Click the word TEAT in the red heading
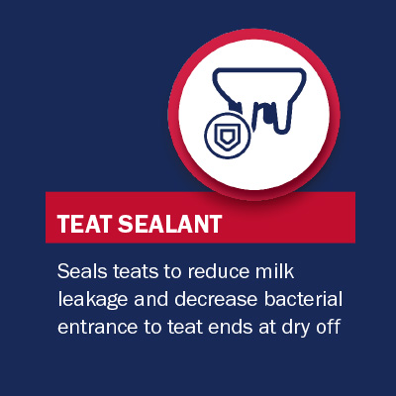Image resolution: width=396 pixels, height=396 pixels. click(85, 224)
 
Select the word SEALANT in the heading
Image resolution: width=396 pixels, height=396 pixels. click(170, 224)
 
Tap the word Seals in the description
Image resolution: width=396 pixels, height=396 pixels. click(82, 271)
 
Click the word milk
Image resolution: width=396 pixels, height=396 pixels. click(274, 271)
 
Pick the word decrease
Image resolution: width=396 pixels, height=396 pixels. click(216, 299)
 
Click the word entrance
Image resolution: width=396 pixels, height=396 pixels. click(97, 328)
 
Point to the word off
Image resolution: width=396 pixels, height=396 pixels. click(328, 327)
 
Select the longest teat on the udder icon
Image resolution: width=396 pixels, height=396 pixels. click(284, 116)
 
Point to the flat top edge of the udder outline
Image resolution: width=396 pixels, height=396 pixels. click(259, 69)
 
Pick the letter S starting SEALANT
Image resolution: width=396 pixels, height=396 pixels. click(126, 224)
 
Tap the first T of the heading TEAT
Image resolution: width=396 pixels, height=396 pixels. click(64, 224)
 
